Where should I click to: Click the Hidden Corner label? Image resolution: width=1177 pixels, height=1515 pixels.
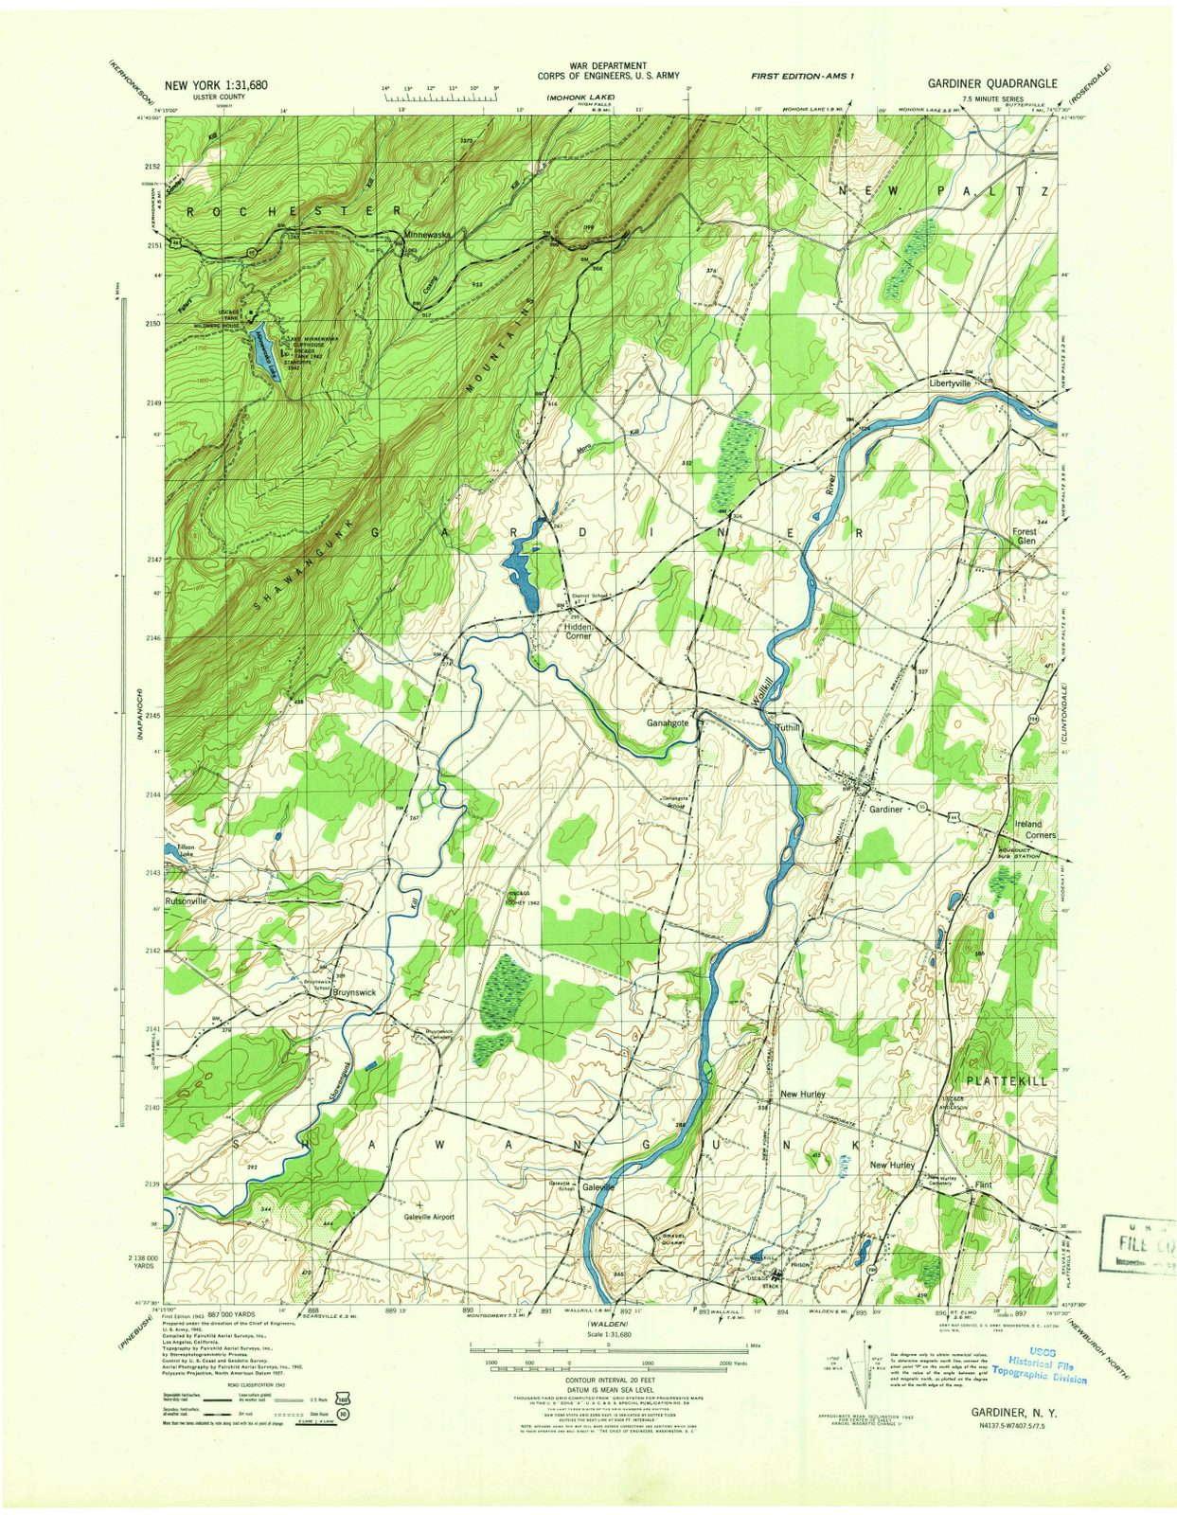point(578,631)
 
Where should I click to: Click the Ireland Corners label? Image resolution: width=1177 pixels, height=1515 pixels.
point(1035,829)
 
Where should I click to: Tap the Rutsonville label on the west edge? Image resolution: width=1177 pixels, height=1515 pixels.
point(186,901)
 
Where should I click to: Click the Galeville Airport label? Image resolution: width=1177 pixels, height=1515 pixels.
point(429,1217)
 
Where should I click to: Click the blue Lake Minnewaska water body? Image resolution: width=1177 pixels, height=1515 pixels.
point(264,351)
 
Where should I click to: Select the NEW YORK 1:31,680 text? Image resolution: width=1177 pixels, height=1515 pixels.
point(216,84)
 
